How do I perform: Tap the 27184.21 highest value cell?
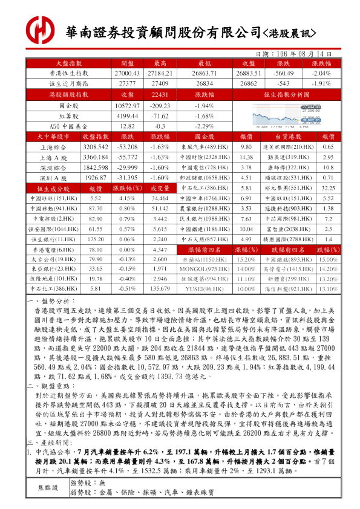tap(160, 73)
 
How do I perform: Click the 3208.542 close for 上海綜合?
tap(95, 147)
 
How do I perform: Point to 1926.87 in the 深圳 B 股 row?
tap(95, 178)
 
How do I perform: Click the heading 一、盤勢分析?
tap(51, 300)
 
